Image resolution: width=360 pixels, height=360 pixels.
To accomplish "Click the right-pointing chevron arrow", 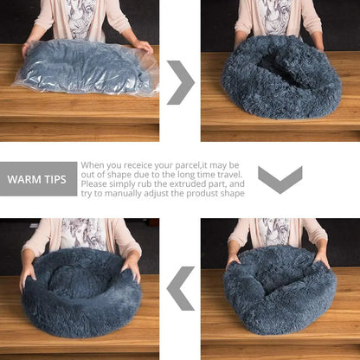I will point(180,82).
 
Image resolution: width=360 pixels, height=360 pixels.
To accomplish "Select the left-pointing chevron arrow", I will point(180,288).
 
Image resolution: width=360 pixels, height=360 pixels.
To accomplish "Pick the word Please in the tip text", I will point(95,183).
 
